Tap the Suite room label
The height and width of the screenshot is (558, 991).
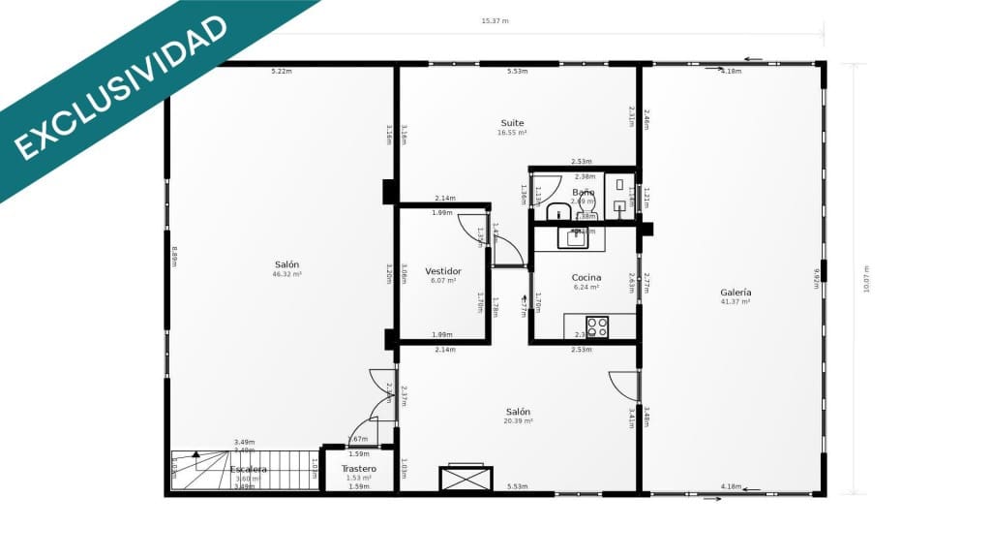coord(512,123)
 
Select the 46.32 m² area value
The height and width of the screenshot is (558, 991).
coord(286,274)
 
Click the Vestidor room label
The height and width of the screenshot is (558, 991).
coord(442,271)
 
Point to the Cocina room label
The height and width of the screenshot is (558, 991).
coord(586,277)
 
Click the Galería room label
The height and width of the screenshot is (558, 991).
coord(736,292)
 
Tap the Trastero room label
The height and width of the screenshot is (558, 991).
coord(359,469)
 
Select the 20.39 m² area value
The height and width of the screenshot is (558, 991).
coord(518,421)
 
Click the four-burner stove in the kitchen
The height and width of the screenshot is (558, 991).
coord(597,326)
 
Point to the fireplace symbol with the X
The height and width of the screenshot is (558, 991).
coord(465,479)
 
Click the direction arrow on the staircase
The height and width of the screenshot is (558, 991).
coord(195,453)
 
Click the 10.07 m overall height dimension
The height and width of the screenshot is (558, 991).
coord(866,280)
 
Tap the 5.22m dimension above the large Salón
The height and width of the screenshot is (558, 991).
coord(282,71)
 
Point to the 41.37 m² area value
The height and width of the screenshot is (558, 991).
coord(736,302)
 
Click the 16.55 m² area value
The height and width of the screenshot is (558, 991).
coord(512,133)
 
